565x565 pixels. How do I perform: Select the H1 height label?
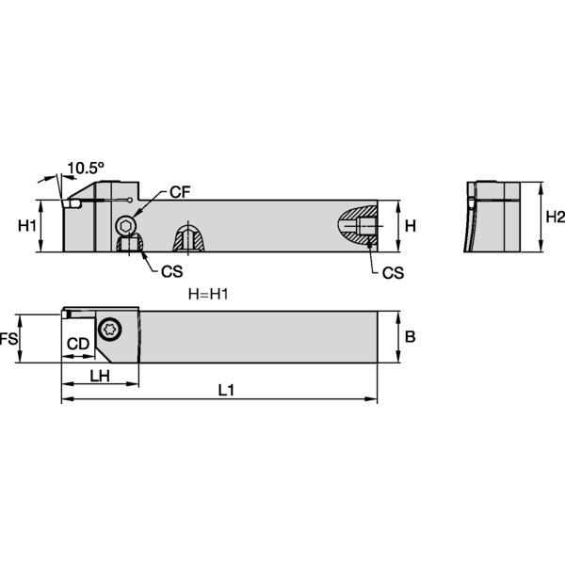click(x=27, y=226)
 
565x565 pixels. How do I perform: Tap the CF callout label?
click(x=180, y=192)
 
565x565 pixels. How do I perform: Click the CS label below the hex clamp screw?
click(x=170, y=271)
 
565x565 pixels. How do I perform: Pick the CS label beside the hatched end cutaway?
click(x=393, y=272)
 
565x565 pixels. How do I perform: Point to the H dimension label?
click(x=411, y=226)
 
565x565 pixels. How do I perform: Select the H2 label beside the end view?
click(x=556, y=218)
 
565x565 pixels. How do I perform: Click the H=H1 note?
click(x=209, y=294)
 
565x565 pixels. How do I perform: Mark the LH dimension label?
click(x=101, y=376)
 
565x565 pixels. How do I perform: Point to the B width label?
click(x=411, y=336)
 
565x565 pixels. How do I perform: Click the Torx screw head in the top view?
click(x=112, y=328)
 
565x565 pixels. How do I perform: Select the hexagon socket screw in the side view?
click(x=127, y=224)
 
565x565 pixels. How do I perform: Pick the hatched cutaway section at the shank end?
click(x=358, y=226)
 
